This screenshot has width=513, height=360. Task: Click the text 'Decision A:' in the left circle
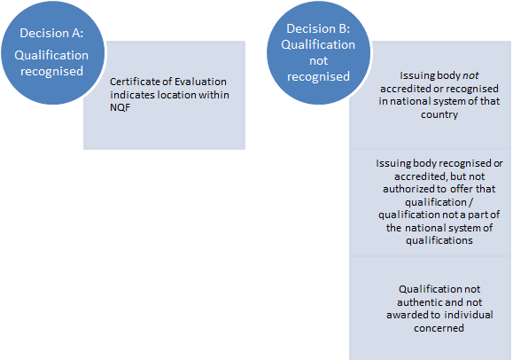pos(51,33)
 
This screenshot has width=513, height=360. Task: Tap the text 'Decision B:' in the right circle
pos(318,28)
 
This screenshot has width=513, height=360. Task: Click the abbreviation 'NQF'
pos(120,107)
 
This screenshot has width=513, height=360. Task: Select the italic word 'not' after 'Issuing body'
pos(470,75)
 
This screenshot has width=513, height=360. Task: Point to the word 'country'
pos(439,114)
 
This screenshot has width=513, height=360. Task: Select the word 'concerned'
pos(439,328)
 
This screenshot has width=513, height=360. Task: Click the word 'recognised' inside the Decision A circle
pos(51,72)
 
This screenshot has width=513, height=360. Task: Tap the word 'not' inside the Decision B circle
pos(318,60)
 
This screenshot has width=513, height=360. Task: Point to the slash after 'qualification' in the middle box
pos(470,202)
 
